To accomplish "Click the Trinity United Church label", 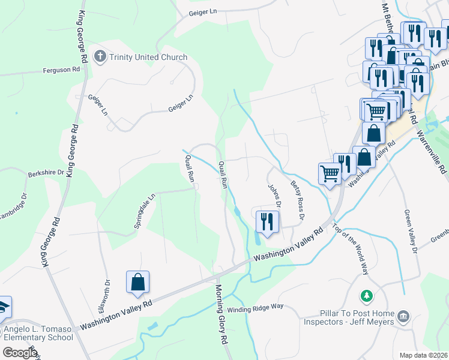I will coord(148,58).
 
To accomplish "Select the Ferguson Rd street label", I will coord(61,70).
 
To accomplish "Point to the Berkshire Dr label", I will coord(46,173).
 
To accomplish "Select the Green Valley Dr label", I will coord(411,231).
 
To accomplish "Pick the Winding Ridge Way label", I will coord(255,307).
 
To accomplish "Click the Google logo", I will coord(20,352).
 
